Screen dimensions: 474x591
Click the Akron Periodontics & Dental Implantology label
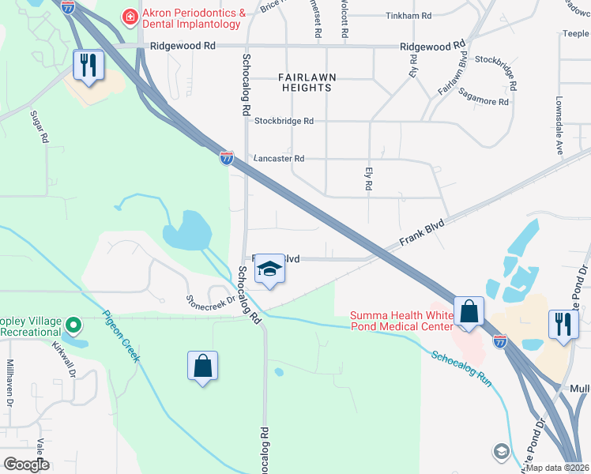point(191,19)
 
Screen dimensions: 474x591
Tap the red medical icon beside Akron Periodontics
point(127,15)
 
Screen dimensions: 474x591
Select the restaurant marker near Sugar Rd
point(88,66)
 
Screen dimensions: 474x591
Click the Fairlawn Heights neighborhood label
point(304,82)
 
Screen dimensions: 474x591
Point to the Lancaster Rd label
point(278,159)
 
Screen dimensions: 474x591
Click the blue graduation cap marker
point(269,269)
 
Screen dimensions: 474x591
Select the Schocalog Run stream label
point(462,367)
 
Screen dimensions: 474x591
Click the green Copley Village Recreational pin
point(73,325)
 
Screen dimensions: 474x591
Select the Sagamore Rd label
point(483,102)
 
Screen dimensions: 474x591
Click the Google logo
point(27,465)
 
